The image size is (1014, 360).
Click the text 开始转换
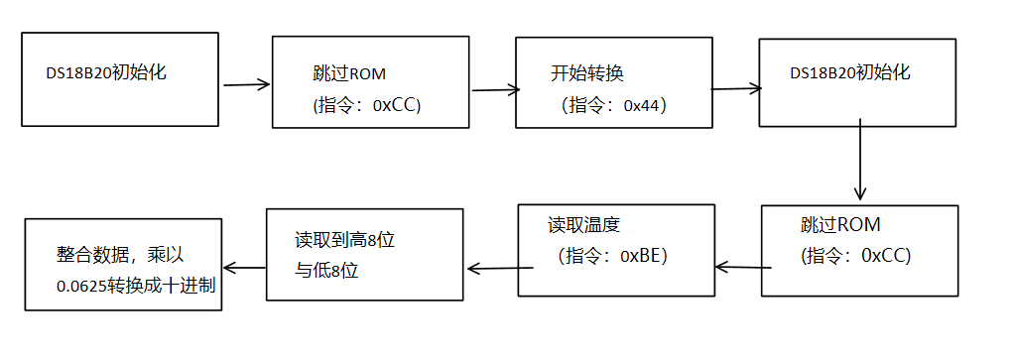pos(586,73)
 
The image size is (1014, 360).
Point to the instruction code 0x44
pos(644,105)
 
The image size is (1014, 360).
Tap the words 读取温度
pos(583,223)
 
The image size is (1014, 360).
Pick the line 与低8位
pos(324,271)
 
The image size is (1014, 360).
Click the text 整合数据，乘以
pos(118,254)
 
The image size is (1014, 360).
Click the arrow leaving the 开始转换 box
pos(735,88)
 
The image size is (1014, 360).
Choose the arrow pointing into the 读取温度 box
pos(743,266)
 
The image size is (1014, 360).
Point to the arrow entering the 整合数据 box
pos(244,266)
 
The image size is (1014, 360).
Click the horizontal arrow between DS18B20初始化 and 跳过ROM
pos(247,85)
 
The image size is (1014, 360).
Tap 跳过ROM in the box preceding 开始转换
pos(349,74)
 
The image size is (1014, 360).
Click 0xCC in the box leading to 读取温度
pos(886,256)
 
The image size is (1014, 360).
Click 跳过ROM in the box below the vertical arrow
pos(839,224)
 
